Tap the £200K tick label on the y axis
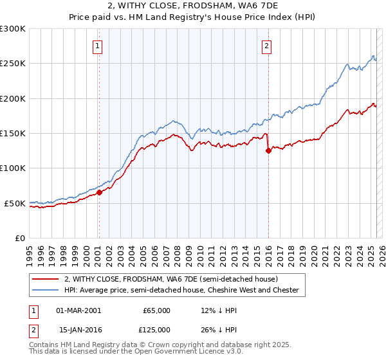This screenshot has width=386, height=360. pyautogui.click(x=12, y=98)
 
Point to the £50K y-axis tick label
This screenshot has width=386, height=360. pyautogui.click(x=14, y=203)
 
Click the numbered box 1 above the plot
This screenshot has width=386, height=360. pyautogui.click(x=97, y=46)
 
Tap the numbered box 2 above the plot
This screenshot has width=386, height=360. pyautogui.click(x=266, y=46)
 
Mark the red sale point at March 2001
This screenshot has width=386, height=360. pyautogui.click(x=99, y=192)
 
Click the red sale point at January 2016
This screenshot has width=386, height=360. pyautogui.click(x=268, y=151)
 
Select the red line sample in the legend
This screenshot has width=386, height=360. pyautogui.click(x=46, y=280)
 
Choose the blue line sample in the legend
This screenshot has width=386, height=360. pyautogui.click(x=46, y=291)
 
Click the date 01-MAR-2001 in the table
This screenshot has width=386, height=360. pyautogui.click(x=78, y=310)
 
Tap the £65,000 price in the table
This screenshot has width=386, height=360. pyautogui.click(x=156, y=310)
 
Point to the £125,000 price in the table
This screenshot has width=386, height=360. pyautogui.click(x=156, y=330)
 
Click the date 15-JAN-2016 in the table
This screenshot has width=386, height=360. pyautogui.click(x=78, y=330)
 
